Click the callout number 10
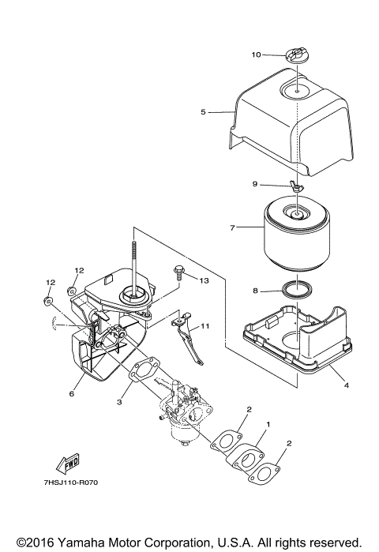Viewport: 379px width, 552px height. (256, 54)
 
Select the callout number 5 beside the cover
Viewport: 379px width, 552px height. (203, 112)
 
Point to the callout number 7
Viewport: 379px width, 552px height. (232, 228)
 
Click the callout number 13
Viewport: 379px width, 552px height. (204, 280)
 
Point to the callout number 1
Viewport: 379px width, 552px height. (268, 424)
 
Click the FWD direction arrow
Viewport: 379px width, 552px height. (69, 464)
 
